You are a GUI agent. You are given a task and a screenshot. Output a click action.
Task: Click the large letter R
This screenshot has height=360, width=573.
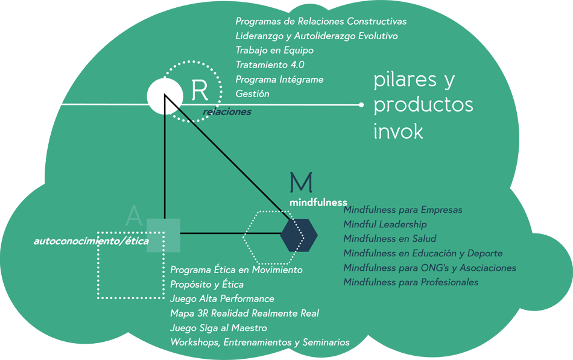(x=200, y=90)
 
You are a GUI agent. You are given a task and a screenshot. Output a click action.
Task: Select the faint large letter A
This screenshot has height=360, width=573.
(x=134, y=216)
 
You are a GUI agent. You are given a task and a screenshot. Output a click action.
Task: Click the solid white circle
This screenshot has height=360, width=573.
(x=163, y=96)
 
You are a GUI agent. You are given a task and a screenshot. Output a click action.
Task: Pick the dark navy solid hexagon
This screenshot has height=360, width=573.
(x=299, y=234)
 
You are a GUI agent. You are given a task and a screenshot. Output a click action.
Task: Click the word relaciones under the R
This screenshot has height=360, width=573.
(x=227, y=112)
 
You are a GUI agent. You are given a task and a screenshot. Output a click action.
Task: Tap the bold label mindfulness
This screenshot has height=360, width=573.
(x=318, y=202)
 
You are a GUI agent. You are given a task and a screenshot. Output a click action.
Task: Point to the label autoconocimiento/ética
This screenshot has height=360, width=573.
(x=91, y=241)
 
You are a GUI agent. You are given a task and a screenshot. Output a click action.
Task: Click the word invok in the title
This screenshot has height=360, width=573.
(x=398, y=131)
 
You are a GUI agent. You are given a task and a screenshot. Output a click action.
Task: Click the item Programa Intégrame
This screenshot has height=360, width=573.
(x=279, y=80)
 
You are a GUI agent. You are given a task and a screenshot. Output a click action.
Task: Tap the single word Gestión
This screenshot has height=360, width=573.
(x=252, y=94)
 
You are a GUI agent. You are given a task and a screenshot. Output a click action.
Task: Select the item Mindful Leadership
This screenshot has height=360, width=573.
(x=385, y=224)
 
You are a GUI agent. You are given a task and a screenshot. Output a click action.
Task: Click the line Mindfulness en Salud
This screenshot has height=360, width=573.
(x=390, y=239)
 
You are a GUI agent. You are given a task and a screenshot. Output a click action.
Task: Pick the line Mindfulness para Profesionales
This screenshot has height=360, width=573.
(x=411, y=282)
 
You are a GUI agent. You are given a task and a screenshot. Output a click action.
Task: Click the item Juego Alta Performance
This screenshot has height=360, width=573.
(x=222, y=299)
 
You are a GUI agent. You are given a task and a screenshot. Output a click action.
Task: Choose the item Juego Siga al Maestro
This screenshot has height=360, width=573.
(x=218, y=328)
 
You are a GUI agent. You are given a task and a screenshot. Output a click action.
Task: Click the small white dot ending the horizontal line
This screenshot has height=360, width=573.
(x=361, y=105)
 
